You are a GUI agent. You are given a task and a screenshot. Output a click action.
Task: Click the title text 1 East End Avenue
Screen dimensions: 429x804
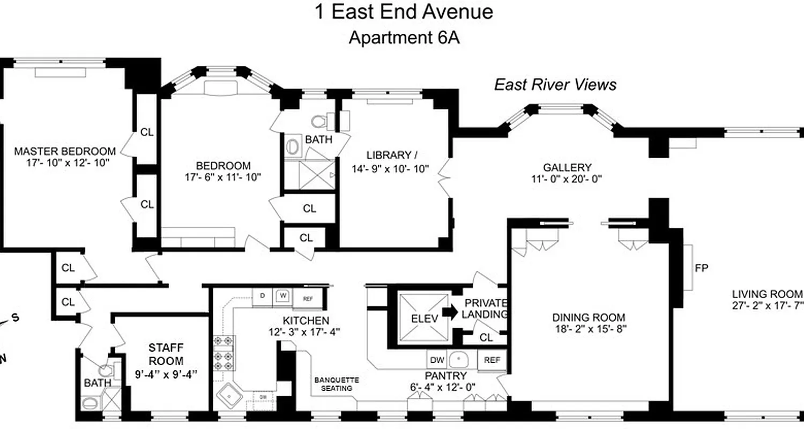click(403, 12)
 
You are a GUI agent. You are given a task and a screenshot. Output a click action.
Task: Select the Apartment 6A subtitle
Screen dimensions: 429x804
click(404, 38)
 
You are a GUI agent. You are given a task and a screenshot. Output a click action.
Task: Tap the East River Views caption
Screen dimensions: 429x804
click(555, 85)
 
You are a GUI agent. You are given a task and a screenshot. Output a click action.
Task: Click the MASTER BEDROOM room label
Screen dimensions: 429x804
click(65, 151)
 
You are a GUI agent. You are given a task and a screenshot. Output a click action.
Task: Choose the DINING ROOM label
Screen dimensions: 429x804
click(589, 317)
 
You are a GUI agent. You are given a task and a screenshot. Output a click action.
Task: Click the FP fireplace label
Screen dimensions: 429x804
click(702, 268)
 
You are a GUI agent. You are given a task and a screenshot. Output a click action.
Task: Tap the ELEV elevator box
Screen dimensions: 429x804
click(424, 318)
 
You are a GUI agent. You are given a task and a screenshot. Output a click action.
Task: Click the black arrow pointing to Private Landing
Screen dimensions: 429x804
click(451, 313)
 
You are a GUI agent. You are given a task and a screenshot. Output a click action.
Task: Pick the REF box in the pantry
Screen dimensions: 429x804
click(492, 360)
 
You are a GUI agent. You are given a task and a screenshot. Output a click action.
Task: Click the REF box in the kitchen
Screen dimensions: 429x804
click(308, 299)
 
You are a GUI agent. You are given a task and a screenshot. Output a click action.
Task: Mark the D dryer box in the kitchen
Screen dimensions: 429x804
click(262, 295)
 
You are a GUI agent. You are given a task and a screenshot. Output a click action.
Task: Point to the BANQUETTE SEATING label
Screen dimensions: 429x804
click(336, 384)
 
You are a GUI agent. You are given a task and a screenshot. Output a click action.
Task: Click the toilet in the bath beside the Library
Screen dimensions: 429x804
click(321, 121)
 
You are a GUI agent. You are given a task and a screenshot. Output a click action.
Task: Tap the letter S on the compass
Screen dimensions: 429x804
click(16, 317)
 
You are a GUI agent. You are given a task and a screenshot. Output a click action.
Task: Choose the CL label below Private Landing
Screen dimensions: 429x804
click(486, 337)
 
